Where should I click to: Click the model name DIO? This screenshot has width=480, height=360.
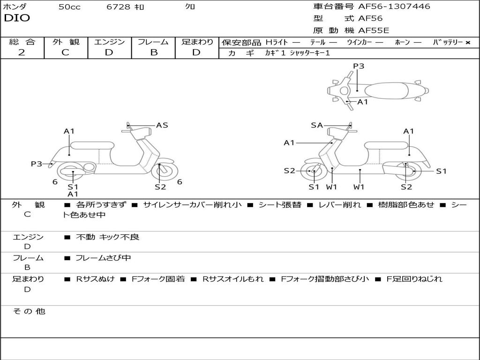click(17, 18)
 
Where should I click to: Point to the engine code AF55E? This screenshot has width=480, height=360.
click(374, 31)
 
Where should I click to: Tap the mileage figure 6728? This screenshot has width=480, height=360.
click(118, 7)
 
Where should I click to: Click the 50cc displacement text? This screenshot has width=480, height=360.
click(69, 7)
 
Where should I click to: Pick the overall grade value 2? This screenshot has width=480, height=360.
click(22, 52)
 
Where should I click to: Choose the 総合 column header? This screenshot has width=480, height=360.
click(22, 42)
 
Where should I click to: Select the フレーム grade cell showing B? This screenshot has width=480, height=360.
click(153, 52)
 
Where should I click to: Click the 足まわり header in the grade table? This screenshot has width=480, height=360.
click(197, 42)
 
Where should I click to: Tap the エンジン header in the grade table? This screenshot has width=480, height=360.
click(109, 42)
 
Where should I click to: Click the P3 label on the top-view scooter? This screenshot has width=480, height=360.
click(359, 66)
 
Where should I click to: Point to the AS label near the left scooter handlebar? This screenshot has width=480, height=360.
click(162, 125)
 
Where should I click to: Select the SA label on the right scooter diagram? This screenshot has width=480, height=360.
click(317, 125)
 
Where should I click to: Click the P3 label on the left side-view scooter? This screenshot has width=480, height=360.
click(37, 164)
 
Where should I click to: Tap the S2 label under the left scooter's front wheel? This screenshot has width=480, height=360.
click(160, 187)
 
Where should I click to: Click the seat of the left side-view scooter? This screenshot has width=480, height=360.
click(92, 145)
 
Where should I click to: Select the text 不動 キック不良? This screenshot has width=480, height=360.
click(107, 237)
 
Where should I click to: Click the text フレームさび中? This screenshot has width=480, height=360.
click(103, 258)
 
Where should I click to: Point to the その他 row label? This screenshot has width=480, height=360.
click(29, 311)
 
